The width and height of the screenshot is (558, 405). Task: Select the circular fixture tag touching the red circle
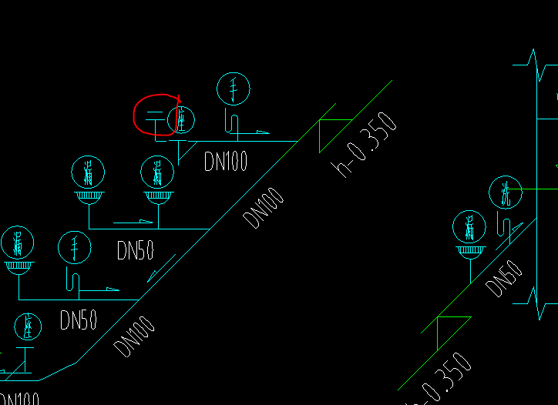click(182, 119)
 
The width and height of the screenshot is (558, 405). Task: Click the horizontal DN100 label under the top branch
click(226, 160)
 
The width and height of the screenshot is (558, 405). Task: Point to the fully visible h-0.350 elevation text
click(367, 145)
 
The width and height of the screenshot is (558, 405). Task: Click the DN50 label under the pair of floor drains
click(135, 250)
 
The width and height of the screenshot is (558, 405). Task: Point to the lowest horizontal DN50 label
click(79, 320)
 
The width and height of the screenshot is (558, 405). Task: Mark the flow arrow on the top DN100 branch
click(262, 132)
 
